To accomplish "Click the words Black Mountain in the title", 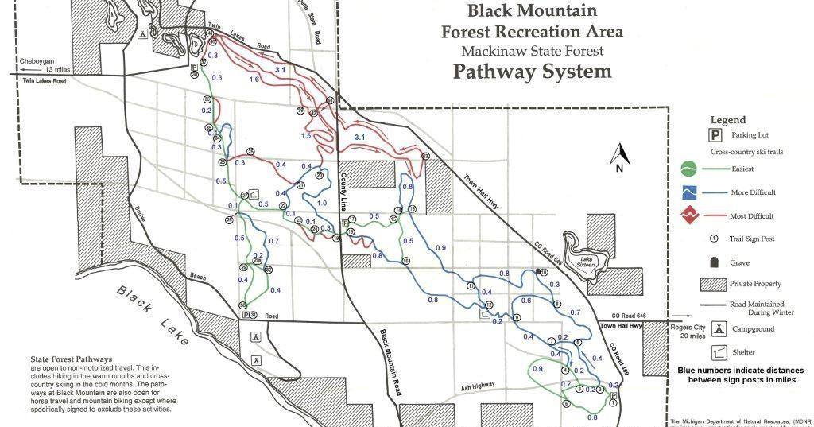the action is (x=532, y=11).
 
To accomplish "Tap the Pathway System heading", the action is (x=532, y=72).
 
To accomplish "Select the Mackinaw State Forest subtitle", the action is (x=532, y=51).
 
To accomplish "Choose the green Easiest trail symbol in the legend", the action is (x=689, y=169).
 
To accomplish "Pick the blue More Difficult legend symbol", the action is (x=689, y=192).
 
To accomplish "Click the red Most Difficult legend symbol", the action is (x=689, y=215).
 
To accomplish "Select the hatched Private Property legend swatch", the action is (x=713, y=284).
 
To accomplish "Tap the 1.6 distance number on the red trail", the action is (x=254, y=80).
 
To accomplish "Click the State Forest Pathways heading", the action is (x=71, y=359).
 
